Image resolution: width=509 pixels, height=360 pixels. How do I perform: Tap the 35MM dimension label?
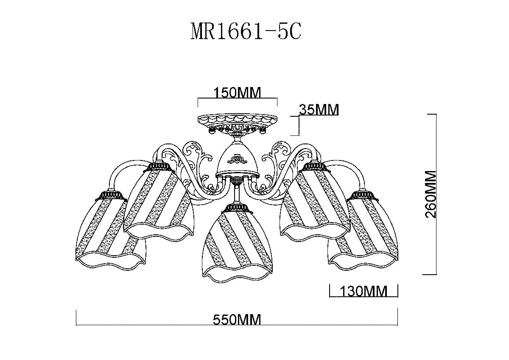pos(319,110)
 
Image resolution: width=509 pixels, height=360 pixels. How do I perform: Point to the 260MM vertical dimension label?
pos(430,194)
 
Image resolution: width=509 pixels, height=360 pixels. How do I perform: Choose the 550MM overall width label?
pos(237,319)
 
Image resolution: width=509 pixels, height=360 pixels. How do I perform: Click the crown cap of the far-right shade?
pos(363,195)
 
